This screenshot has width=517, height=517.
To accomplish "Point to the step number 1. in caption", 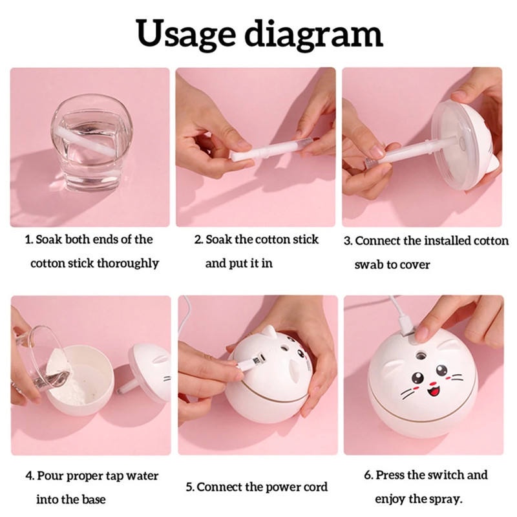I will (x=29, y=240).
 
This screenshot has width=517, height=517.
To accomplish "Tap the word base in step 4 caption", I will (x=92, y=500).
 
